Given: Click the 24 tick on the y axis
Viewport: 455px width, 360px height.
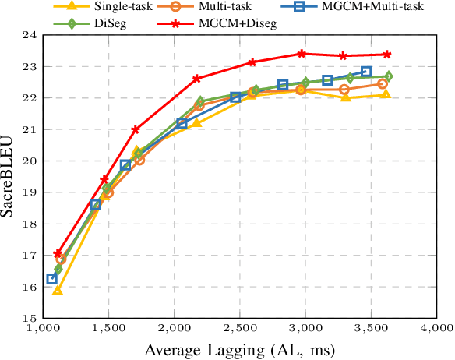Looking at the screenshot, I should click(x=28, y=36).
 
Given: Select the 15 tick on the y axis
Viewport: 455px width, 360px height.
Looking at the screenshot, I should click(x=28, y=319).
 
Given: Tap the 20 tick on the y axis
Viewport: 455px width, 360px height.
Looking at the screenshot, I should click(x=28, y=161).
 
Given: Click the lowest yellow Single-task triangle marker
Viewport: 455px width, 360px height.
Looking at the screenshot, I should click(x=57, y=290).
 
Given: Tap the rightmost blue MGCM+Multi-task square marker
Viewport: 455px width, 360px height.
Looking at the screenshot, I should click(x=366, y=72).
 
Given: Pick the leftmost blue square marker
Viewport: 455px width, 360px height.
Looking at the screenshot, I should click(x=52, y=279).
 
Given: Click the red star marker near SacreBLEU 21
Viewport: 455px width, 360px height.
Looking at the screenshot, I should click(x=136, y=129).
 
